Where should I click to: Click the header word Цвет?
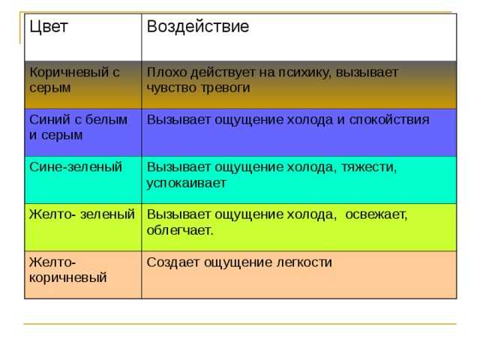pyautogui.click(x=49, y=27)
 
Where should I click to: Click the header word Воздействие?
pyautogui.click(x=198, y=27)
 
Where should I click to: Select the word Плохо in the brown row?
pyautogui.click(x=167, y=73)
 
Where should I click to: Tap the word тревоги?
pyautogui.click(x=226, y=88)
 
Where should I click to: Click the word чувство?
pyautogui.click(x=172, y=88)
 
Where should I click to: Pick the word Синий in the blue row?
pyautogui.click(x=50, y=120)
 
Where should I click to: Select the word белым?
pyautogui.click(x=106, y=120)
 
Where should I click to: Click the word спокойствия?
pyautogui.click(x=389, y=120)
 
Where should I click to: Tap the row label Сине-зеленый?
pyautogui.click(x=76, y=167)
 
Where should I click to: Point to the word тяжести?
pyautogui.click(x=369, y=168)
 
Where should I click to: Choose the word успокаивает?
pyautogui.click(x=186, y=184)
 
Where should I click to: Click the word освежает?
pyautogui.click(x=376, y=215)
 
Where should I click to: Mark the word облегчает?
pyautogui.click(x=180, y=230)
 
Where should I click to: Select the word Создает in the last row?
pyautogui.click(x=173, y=262)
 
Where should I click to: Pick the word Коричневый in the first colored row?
pyautogui.click(x=69, y=73)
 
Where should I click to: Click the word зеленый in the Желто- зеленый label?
pyautogui.click(x=107, y=214)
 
